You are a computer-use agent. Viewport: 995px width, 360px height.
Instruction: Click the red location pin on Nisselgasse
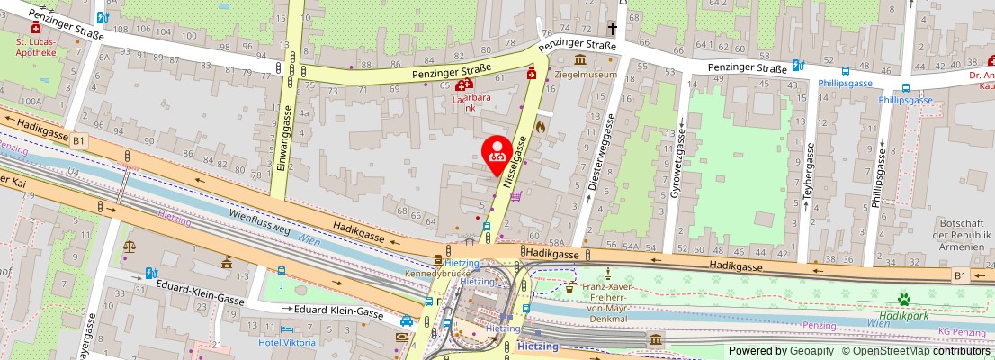(x=497, y=151)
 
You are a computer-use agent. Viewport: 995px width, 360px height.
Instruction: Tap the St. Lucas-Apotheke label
(x=36, y=47)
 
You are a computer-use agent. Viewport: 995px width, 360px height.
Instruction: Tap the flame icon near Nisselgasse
(x=540, y=127)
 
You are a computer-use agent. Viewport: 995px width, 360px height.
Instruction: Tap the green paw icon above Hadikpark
(x=904, y=299)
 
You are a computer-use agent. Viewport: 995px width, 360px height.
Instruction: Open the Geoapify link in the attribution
(x=811, y=351)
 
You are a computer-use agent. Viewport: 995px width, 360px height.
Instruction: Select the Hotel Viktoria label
(x=287, y=343)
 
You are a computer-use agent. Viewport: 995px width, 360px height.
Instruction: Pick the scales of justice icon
(x=130, y=245)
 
